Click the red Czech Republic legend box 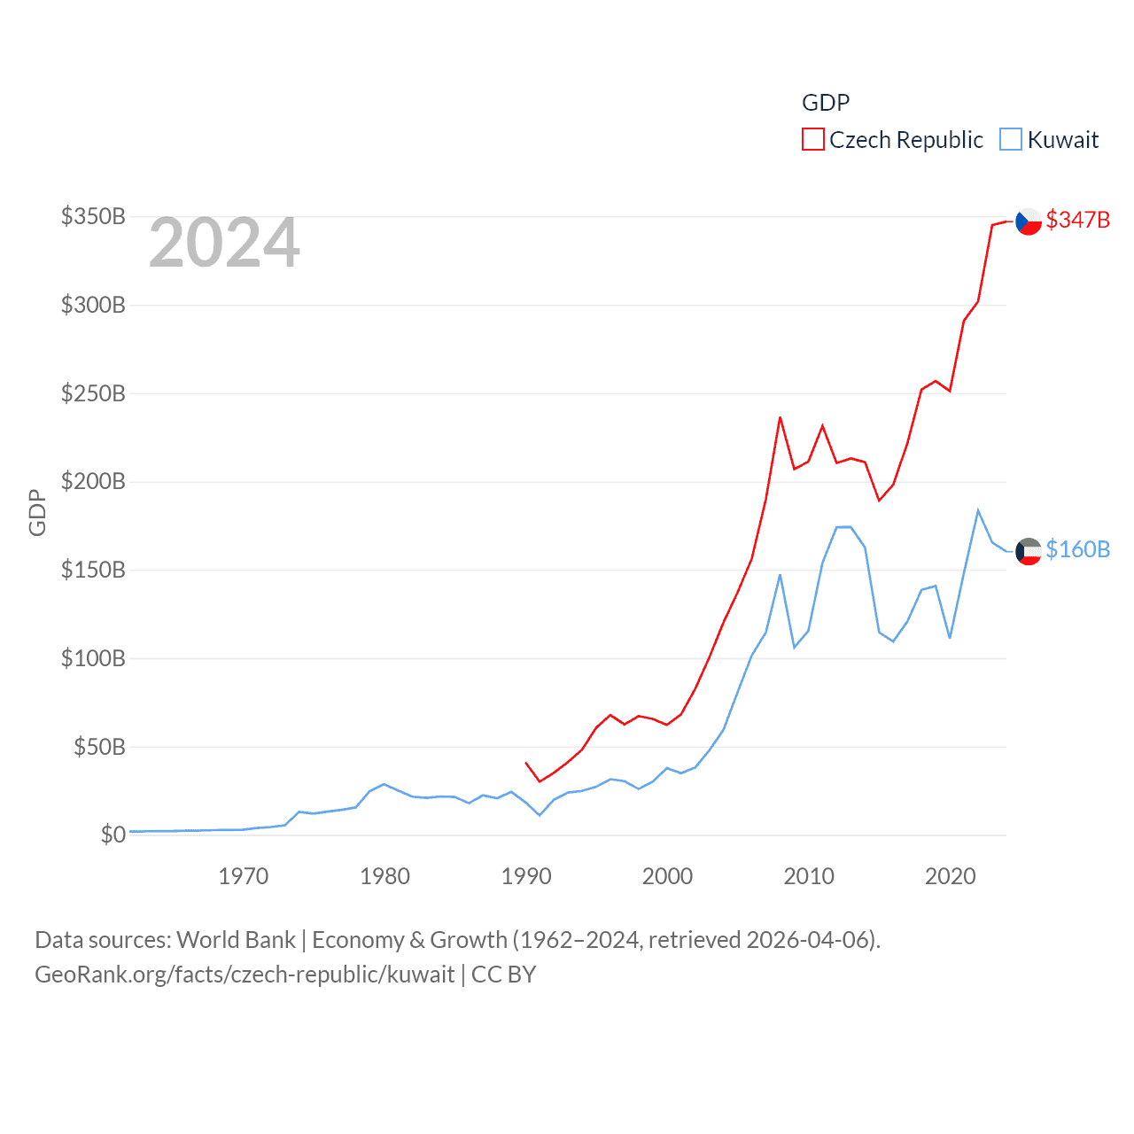pos(812,140)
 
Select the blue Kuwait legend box pos(1010,140)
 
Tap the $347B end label pos(1077,220)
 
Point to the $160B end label pos(1077,549)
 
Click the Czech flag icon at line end pos(1029,221)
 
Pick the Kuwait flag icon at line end pos(1029,551)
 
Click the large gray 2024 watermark pos(224,244)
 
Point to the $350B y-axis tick pos(93,217)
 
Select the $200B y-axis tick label pos(93,482)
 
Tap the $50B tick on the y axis pos(99,747)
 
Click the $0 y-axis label pos(113,835)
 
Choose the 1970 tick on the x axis pos(243,876)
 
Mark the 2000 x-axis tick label pos(667,876)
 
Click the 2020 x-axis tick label pos(950,876)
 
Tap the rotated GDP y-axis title pos(37,512)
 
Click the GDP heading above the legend pos(825,103)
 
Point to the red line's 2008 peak pos(780,417)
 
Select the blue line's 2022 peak pos(978,510)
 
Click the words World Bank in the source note pos(236,939)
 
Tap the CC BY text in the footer pos(503,975)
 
